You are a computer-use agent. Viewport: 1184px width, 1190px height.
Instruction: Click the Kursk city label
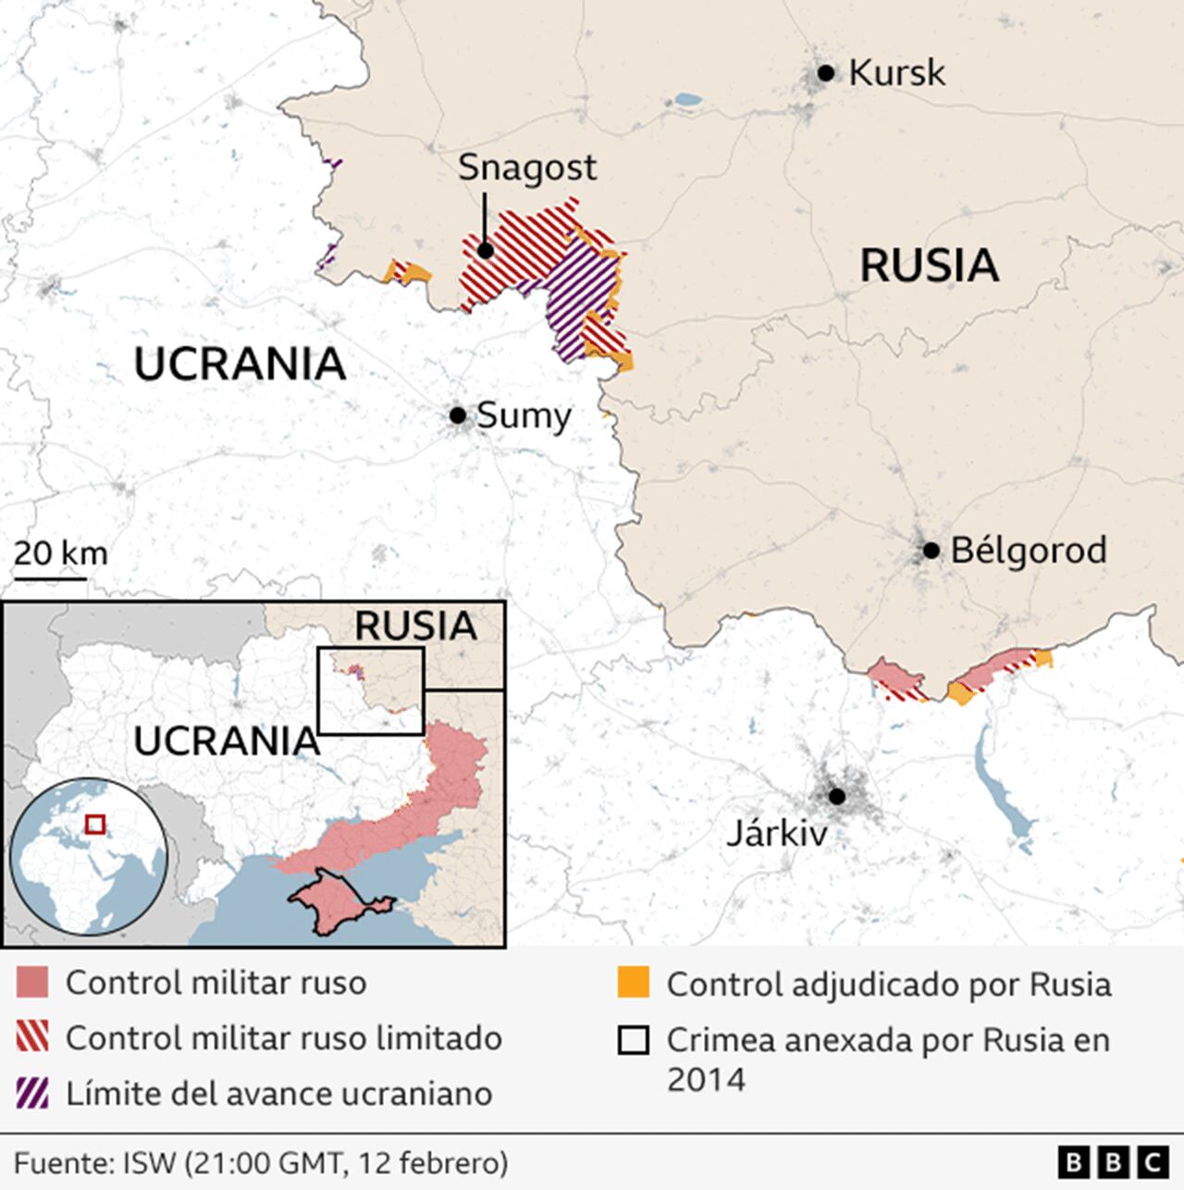(x=896, y=73)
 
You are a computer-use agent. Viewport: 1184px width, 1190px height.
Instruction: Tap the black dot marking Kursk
(x=826, y=73)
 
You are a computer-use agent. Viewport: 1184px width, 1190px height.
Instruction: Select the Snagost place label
(x=527, y=167)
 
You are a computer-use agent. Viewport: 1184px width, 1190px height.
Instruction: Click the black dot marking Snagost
(x=485, y=250)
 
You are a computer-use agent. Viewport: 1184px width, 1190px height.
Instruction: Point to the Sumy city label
(x=524, y=415)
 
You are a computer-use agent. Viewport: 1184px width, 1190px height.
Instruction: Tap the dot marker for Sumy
(x=457, y=415)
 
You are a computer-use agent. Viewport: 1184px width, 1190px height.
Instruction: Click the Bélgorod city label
(x=1028, y=551)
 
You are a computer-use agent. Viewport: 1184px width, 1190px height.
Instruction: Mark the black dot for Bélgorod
(x=931, y=551)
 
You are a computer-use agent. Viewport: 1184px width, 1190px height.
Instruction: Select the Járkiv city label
(x=775, y=834)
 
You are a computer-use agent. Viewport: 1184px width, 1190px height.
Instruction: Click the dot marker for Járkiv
(x=837, y=796)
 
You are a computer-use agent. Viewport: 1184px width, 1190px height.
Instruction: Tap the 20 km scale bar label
(x=61, y=553)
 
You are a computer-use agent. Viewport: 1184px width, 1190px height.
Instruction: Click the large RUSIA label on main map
(x=929, y=266)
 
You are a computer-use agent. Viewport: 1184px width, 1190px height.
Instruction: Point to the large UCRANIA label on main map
(x=240, y=364)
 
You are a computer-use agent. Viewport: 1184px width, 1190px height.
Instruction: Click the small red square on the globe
(x=93, y=823)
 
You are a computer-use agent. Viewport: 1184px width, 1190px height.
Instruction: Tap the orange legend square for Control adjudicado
(x=634, y=984)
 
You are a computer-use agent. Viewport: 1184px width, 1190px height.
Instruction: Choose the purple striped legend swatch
(x=32, y=1094)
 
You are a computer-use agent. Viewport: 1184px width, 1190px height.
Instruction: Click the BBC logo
(x=1113, y=1161)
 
